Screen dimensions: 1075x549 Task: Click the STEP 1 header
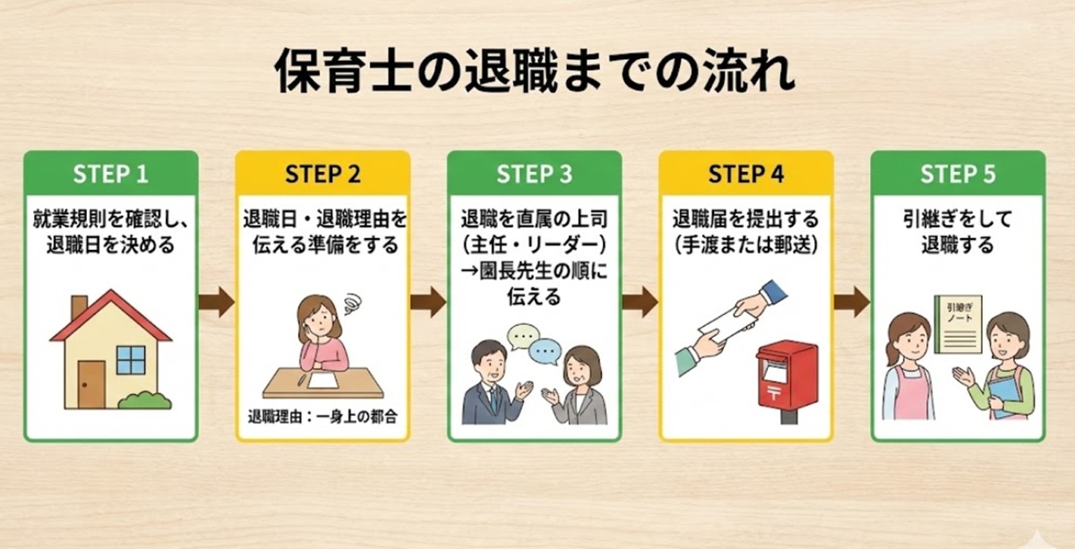(x=110, y=174)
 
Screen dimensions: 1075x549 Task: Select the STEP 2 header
(x=322, y=174)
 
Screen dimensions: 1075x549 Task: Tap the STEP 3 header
(x=534, y=174)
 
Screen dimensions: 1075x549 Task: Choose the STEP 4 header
(x=746, y=174)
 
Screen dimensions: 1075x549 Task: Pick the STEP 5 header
(x=958, y=174)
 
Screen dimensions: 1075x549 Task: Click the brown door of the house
(x=90, y=384)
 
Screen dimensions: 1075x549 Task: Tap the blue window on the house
(x=131, y=360)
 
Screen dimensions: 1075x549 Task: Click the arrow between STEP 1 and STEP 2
(x=216, y=302)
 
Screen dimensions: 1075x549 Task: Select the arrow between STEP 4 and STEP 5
(x=851, y=302)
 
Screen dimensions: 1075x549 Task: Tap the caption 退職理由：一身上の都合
(x=322, y=416)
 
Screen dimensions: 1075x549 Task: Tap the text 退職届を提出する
(x=746, y=219)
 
